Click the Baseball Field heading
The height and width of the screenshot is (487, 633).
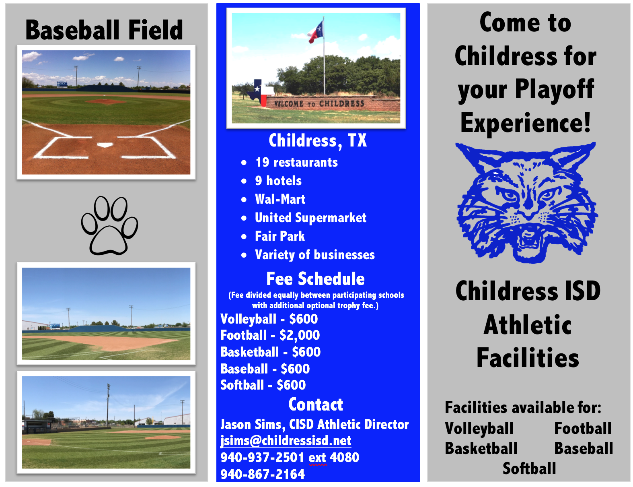(x=104, y=30)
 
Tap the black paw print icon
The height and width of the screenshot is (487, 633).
(x=109, y=225)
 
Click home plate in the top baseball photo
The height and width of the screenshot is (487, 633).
(x=105, y=145)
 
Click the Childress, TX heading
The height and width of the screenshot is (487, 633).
(x=318, y=141)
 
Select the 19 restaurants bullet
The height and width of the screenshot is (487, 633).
(x=296, y=162)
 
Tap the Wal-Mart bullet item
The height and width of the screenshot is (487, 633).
(x=280, y=199)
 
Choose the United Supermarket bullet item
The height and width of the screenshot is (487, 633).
(x=310, y=218)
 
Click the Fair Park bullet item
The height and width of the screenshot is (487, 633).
(x=280, y=236)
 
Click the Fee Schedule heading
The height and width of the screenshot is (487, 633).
(x=315, y=279)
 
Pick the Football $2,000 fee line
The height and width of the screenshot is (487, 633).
(x=270, y=335)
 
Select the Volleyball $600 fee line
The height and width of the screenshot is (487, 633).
(x=269, y=319)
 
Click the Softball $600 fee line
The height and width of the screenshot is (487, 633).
(x=263, y=385)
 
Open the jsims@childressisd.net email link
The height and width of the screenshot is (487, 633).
(x=286, y=441)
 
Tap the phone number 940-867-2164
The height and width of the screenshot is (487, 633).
(x=263, y=474)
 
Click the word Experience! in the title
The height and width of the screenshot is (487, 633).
(x=526, y=123)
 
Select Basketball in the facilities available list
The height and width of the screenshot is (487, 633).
(x=481, y=448)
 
